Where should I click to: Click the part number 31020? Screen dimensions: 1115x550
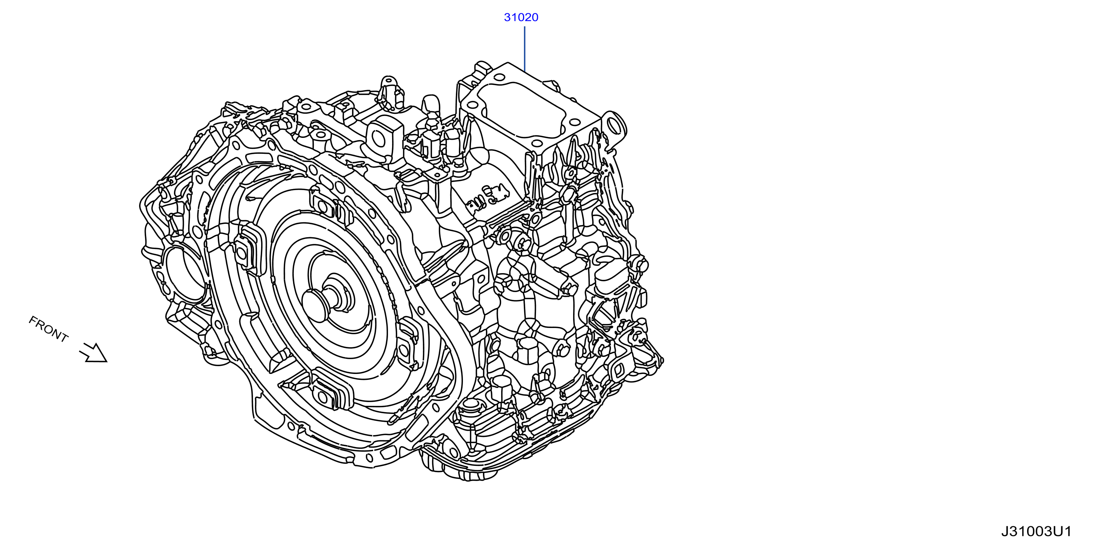(x=521, y=17)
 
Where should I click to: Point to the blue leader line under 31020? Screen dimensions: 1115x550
(x=524, y=49)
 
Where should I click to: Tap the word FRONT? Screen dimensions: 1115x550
(x=49, y=329)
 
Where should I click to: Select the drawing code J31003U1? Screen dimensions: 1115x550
(x=1036, y=531)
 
